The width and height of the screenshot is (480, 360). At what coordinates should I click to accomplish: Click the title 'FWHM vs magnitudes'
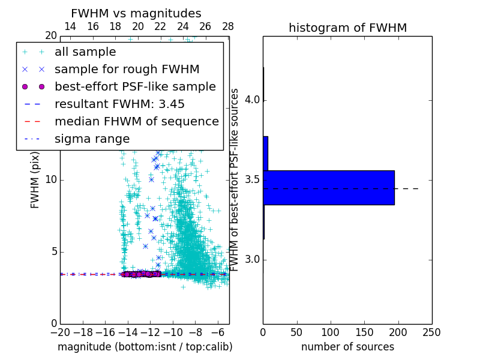pos(136,13)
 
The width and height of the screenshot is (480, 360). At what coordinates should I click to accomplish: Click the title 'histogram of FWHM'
pos(347,28)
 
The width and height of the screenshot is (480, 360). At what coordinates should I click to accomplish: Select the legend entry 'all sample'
pos(85,52)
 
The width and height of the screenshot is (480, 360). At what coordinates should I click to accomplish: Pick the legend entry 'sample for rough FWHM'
pos(127,69)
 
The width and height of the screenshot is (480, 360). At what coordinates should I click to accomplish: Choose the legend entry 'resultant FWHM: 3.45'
pos(119,104)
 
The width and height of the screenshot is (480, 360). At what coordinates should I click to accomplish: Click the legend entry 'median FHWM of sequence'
pos(136,121)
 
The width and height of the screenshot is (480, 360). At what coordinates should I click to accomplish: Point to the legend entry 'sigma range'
pos(92,139)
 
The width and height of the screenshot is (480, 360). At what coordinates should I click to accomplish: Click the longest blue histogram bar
pos(329,188)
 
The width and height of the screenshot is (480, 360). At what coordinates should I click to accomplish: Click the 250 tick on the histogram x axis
pos(431,332)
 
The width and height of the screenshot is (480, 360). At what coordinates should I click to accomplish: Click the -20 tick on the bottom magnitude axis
pos(61,332)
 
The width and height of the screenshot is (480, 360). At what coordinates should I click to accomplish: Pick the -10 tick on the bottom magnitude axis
pos(173,332)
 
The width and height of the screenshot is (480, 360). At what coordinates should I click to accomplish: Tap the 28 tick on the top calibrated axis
pos(228,26)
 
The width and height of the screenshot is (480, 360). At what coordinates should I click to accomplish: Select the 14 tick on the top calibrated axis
pos(70,26)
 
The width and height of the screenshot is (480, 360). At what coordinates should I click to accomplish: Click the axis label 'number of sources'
pos(347,347)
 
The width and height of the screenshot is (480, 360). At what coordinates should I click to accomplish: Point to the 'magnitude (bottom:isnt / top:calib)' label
pos(145,347)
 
